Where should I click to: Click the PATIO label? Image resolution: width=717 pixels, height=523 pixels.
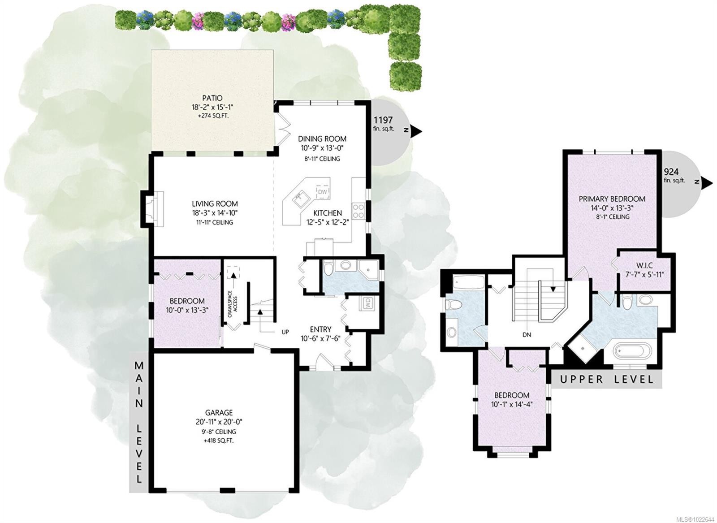(212, 98)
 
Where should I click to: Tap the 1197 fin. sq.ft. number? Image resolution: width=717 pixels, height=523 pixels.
(383, 120)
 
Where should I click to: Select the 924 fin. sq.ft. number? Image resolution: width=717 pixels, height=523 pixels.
(671, 172)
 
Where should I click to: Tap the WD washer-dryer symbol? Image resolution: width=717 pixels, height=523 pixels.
(368, 304)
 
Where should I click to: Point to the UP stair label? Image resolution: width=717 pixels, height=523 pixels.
(285, 332)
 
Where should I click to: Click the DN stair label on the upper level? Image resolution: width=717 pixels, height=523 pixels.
(527, 334)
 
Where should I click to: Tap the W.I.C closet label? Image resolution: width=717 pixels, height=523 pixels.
(644, 266)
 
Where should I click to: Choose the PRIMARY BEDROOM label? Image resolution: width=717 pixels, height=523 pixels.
(612, 199)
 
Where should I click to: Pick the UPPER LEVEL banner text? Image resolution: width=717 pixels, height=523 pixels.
(606, 380)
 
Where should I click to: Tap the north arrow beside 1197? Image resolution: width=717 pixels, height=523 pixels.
(417, 130)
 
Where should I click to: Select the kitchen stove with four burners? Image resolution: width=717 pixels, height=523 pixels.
(359, 211)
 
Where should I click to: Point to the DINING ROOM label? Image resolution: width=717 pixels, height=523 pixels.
(322, 139)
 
